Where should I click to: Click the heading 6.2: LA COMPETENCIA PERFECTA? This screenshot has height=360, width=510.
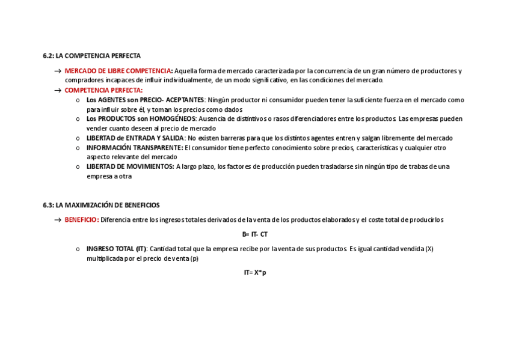point(91,56)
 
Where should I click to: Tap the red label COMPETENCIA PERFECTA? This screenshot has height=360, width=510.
point(103,90)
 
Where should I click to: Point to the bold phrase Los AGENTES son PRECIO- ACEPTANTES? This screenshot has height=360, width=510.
point(146,100)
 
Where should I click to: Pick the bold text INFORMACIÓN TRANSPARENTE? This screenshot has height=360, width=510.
point(134,148)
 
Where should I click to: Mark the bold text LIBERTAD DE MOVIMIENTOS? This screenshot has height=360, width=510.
point(131,167)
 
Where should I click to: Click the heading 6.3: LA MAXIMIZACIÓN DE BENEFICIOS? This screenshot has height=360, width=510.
point(101,206)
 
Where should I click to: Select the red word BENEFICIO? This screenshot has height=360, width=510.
point(82,220)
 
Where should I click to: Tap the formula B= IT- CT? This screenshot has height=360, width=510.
point(255,234)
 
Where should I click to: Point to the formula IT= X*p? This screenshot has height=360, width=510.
point(255,273)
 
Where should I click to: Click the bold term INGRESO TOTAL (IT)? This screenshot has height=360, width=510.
point(117,249)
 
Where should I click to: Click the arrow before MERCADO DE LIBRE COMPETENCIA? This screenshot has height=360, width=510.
point(58,72)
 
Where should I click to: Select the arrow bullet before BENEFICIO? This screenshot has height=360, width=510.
point(58,221)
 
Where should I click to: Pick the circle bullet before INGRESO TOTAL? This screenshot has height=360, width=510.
point(78,249)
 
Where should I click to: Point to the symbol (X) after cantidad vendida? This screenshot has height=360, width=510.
point(428,249)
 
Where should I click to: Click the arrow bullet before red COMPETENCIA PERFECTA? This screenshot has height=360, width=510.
point(58,91)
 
